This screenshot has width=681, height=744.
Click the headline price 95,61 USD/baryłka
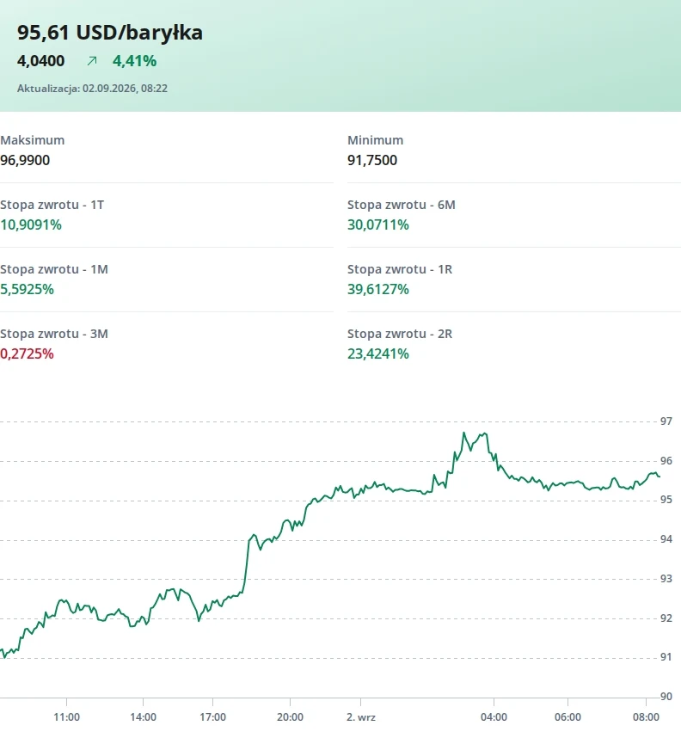pyautogui.click(x=110, y=33)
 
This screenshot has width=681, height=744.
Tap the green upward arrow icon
pyautogui.click(x=92, y=61)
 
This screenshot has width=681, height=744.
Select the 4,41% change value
pyautogui.click(x=135, y=61)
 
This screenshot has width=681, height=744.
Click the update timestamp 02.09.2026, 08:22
pyautogui.click(x=125, y=89)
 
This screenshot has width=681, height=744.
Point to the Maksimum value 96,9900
pyautogui.click(x=25, y=160)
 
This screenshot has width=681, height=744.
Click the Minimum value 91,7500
pyautogui.click(x=372, y=160)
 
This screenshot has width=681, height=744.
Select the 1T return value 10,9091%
pyautogui.click(x=31, y=224)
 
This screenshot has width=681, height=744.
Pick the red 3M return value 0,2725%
pyautogui.click(x=27, y=354)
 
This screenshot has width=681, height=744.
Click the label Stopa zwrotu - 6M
pyautogui.click(x=402, y=205)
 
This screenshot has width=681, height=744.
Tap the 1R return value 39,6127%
pyautogui.click(x=378, y=290)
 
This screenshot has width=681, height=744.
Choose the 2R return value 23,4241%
pyautogui.click(x=378, y=354)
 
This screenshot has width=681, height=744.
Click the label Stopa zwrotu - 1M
pyautogui.click(x=54, y=269)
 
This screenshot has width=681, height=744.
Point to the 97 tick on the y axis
pyautogui.click(x=666, y=421)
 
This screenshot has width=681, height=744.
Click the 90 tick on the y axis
pyautogui.click(x=666, y=697)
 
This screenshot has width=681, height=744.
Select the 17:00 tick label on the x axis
pyautogui.click(x=212, y=717)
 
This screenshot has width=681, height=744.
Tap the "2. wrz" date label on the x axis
pyautogui.click(x=361, y=717)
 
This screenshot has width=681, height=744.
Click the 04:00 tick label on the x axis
pyautogui.click(x=494, y=717)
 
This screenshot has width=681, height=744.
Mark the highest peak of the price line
pyautogui.click(x=463, y=433)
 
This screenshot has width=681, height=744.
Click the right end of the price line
pyautogui.click(x=660, y=477)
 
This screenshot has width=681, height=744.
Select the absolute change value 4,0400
pyautogui.click(x=40, y=61)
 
